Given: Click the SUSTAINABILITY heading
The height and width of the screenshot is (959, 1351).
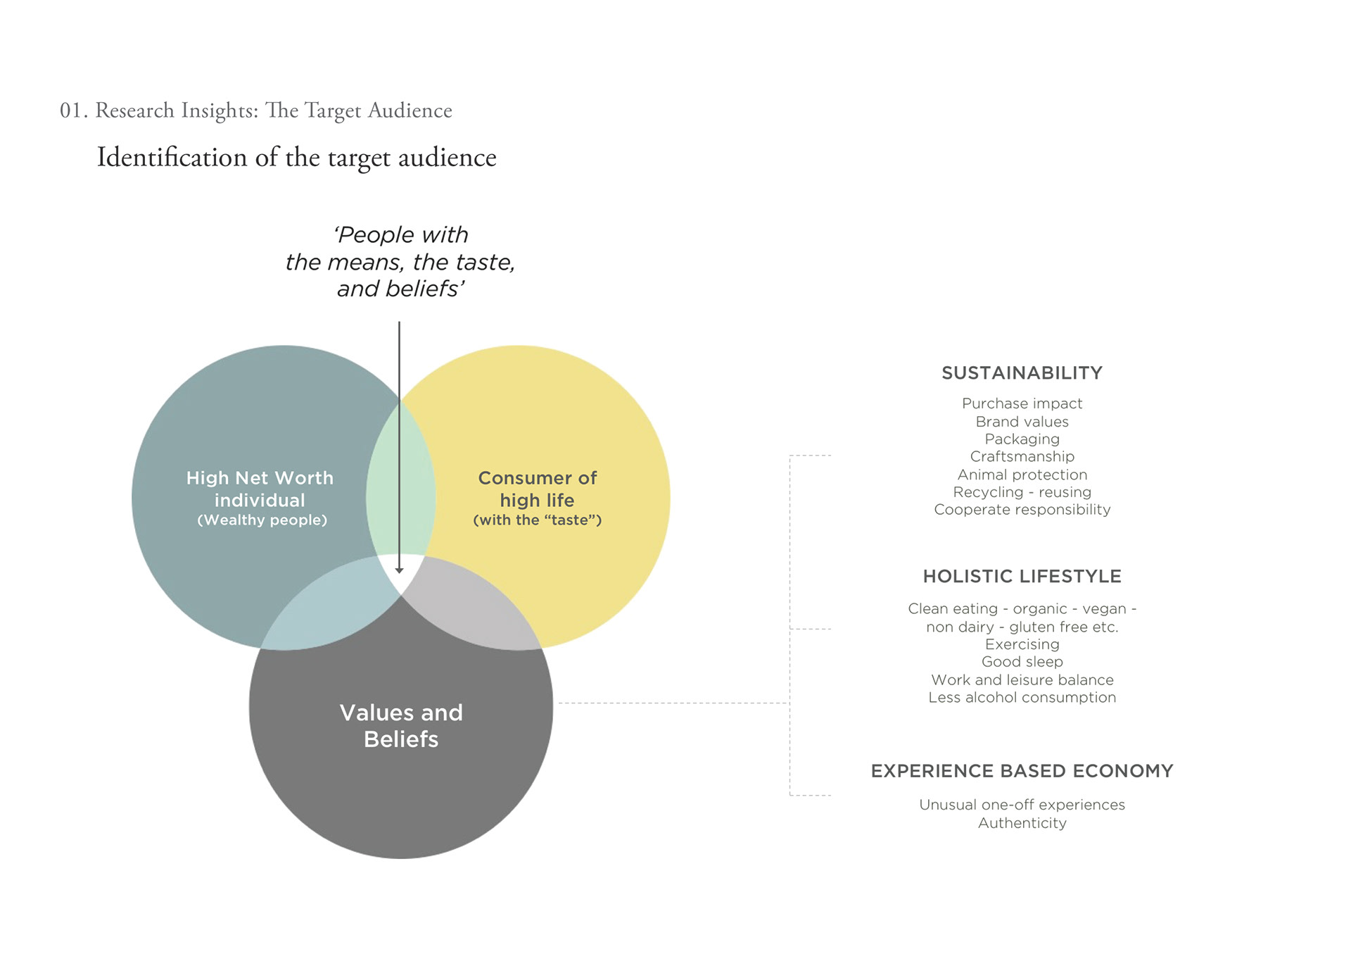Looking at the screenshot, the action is click(1022, 373).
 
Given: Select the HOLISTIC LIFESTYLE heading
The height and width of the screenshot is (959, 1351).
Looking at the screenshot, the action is click(1022, 577).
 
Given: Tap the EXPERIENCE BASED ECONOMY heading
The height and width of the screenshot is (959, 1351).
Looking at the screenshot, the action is click(1022, 771).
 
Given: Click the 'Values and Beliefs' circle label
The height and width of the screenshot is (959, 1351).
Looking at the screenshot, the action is click(401, 726).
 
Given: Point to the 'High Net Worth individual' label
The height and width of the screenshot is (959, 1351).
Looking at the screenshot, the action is click(260, 489).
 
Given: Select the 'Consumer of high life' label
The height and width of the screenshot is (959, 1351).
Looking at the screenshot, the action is click(537, 489).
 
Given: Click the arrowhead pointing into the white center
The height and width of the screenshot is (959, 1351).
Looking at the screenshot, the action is click(399, 570).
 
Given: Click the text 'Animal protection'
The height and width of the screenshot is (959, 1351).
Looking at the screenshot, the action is click(1022, 475).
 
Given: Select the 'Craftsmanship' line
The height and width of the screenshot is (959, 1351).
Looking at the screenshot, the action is click(1022, 457).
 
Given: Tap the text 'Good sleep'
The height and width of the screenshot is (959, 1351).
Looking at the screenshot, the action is click(1022, 662).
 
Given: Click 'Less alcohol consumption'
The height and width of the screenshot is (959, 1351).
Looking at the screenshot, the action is click(1022, 698).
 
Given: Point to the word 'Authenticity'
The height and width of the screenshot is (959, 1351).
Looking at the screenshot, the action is click(1022, 823).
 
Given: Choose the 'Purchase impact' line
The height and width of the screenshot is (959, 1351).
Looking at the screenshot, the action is click(1022, 403).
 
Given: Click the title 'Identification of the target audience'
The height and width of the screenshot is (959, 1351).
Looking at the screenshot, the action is click(296, 158).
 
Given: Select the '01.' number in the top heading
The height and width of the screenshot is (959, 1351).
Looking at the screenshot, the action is click(73, 111).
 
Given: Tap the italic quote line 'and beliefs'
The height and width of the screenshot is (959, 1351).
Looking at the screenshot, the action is click(400, 289).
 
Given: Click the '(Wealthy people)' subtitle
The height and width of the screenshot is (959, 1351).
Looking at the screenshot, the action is click(262, 520).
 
